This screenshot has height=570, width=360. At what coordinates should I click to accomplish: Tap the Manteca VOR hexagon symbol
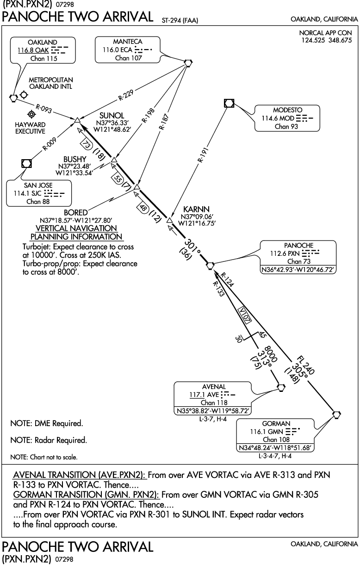point(187,62)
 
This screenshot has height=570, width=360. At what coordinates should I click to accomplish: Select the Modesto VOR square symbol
point(229,103)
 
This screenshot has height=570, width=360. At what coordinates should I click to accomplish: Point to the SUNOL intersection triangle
point(77,121)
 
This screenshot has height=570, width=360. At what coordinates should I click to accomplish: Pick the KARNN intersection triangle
point(169,220)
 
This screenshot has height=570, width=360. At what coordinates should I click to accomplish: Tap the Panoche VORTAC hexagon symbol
point(210,265)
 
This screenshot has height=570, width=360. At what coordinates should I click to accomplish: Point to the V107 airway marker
point(246,316)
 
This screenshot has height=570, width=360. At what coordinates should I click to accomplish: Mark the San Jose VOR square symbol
point(27,163)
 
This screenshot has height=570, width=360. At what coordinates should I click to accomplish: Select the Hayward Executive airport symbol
point(31,114)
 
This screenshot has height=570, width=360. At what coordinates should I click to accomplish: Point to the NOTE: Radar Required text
point(48,440)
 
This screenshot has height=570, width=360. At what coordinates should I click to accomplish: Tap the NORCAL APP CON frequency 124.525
point(311,40)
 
